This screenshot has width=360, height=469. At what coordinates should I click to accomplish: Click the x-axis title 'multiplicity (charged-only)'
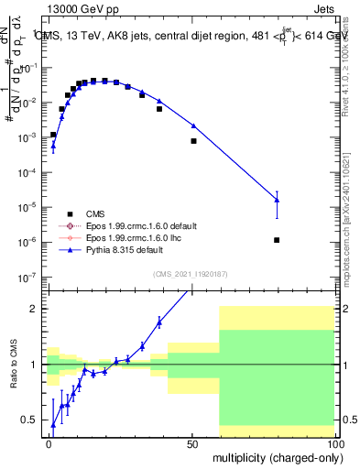(273, 457)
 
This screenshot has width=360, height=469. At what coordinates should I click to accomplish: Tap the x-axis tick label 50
(192, 444)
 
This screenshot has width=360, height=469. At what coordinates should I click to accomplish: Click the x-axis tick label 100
(335, 444)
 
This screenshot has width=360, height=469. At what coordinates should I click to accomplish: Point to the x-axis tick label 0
(49, 444)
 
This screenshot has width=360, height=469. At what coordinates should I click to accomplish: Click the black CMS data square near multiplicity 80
(277, 240)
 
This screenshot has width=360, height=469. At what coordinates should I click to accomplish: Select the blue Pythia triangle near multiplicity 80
(277, 200)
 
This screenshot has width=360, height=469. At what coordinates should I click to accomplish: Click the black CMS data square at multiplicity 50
(193, 141)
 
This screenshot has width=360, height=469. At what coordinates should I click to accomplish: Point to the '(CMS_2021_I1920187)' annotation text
(190, 274)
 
